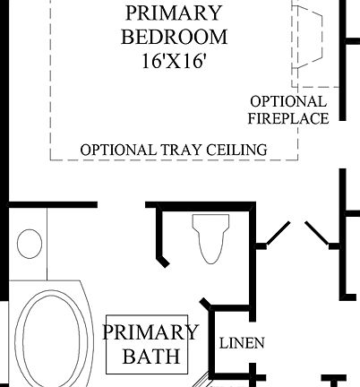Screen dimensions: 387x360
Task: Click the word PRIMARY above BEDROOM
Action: click(x=175, y=13)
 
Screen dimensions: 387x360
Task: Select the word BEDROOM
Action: click(x=175, y=38)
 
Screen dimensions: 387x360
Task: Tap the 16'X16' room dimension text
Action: click(x=175, y=64)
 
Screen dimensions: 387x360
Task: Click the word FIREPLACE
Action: click(x=288, y=117)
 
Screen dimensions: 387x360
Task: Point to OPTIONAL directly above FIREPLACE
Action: click(x=288, y=101)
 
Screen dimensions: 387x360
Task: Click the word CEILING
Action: click(x=235, y=149)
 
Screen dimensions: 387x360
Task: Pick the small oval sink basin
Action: click(x=30, y=244)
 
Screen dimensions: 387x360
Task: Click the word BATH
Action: click(x=150, y=357)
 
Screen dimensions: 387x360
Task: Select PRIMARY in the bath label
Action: click(x=150, y=333)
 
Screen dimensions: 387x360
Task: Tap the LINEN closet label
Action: click(x=241, y=342)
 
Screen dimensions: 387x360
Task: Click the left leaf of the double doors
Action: click(x=272, y=234)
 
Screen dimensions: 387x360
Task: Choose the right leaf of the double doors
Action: click(x=318, y=234)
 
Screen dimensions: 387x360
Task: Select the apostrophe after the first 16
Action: click(x=158, y=57)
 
